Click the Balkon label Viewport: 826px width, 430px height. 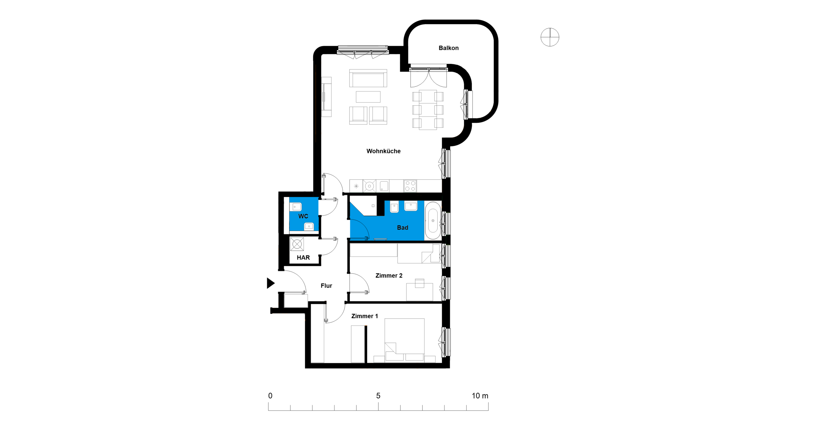448,48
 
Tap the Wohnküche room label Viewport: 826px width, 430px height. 383,151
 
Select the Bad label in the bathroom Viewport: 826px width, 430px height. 402,227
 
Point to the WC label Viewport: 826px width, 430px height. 303,216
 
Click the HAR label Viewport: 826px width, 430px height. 303,257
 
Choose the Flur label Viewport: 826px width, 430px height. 326,286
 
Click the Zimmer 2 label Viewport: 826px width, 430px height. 389,276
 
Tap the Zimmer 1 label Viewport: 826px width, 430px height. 364,316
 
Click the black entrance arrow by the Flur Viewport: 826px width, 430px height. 270,283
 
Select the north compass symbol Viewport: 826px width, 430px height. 550,37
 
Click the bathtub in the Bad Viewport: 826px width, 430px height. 433,221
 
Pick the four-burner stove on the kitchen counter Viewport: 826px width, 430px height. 410,186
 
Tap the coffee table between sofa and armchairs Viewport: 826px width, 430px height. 368,97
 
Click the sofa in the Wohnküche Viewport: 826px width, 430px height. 368,78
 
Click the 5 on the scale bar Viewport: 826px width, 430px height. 378,395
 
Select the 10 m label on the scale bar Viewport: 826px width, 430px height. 480,395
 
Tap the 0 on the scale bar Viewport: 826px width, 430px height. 270,395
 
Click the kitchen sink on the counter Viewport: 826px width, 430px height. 384,186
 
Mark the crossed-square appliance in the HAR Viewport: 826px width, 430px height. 297,244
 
